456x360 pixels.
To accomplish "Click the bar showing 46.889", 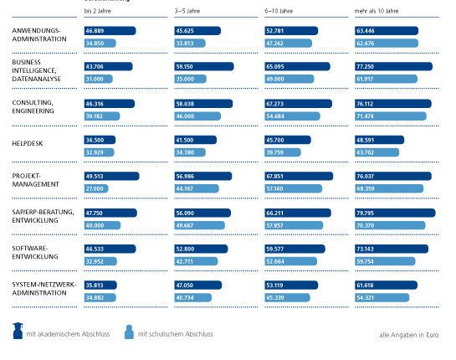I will tap(110, 30).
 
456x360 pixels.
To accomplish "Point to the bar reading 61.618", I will tap(386, 285).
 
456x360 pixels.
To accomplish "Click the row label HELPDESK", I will tap(29, 143).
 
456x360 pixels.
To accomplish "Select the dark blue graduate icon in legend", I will tap(18, 332).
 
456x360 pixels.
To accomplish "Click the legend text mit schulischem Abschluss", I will tap(175, 334).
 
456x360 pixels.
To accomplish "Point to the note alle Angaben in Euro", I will tap(408, 334).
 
